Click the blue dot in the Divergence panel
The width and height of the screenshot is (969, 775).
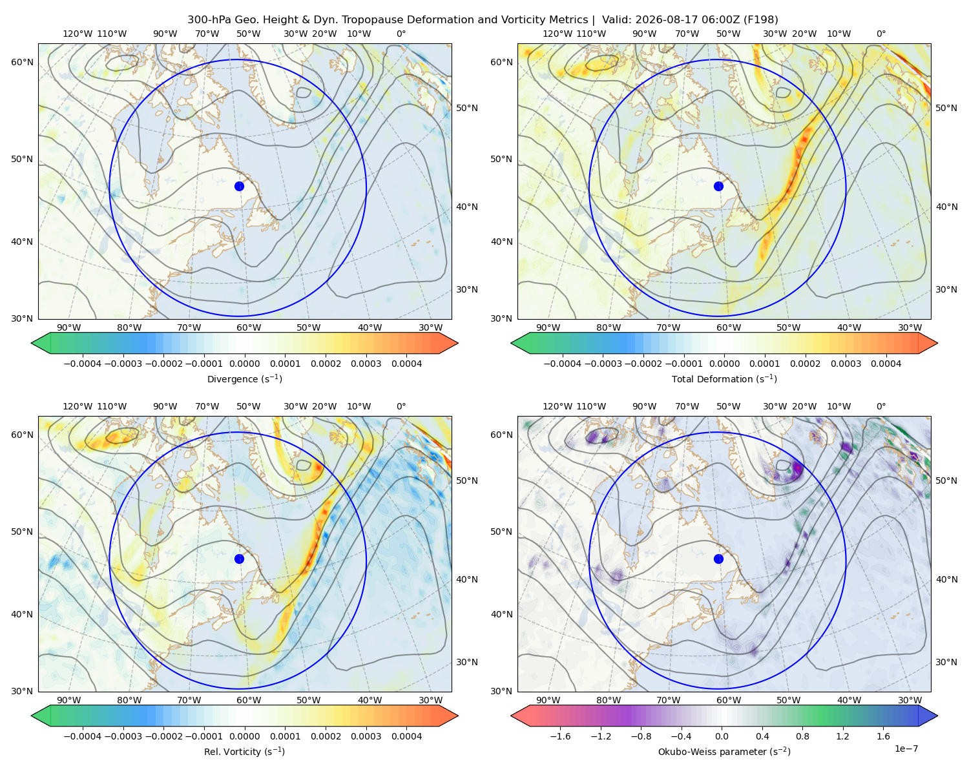pos(239,187)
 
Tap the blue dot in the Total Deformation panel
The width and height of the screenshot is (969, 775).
pos(718,187)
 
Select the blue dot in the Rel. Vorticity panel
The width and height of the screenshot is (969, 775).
pos(239,559)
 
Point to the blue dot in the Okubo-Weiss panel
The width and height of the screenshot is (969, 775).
pos(718,559)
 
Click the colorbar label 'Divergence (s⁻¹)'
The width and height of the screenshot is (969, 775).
pos(244,379)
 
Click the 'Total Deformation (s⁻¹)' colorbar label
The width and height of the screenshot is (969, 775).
pos(724,379)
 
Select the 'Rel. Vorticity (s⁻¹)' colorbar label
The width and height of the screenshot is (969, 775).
pos(244,752)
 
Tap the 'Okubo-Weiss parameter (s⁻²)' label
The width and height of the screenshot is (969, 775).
pos(724,752)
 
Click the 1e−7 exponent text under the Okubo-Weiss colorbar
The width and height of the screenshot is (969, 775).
pos(906,749)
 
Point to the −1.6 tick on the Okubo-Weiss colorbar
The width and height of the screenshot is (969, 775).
pos(560,736)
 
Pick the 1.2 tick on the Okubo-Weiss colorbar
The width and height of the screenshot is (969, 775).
pos(842,736)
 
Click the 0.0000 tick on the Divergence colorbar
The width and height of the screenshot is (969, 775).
pos(244,364)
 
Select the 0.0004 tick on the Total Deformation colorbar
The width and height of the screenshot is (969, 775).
pos(886,364)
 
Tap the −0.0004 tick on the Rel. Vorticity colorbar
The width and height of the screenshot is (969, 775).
pos(83,736)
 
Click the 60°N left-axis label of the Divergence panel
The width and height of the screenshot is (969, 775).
pos(22,62)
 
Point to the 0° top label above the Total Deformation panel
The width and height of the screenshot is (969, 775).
pos(880,34)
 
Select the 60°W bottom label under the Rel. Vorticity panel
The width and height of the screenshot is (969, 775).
pos(249,700)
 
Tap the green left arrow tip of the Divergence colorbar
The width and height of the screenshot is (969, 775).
pos(32,344)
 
